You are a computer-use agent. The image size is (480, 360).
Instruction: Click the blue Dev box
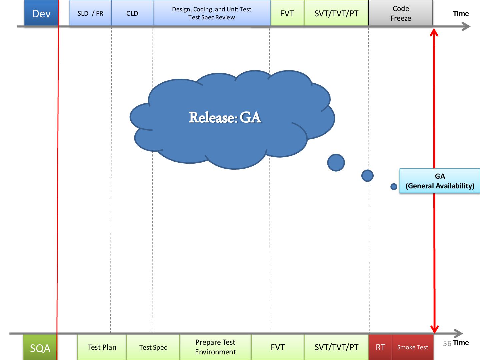41,13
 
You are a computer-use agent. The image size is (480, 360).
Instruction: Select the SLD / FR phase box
90,13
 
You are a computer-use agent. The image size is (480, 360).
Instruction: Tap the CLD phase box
132,13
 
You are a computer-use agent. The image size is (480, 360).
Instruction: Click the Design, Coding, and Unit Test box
211,13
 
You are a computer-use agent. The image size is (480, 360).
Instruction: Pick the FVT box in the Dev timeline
287,13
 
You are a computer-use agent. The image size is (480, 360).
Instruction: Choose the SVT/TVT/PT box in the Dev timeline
336,13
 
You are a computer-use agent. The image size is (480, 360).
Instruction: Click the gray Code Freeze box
401,13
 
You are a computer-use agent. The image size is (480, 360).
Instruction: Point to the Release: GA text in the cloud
225,117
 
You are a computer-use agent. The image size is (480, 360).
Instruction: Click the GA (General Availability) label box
440,181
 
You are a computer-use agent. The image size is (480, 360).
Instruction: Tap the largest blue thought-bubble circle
336,163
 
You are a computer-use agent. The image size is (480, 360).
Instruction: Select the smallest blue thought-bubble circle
394,187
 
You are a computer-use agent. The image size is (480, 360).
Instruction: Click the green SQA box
40,348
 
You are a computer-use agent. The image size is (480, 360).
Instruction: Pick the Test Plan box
102,347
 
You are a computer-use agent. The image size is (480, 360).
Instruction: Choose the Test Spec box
153,347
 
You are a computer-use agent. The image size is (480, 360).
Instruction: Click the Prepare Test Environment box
215,347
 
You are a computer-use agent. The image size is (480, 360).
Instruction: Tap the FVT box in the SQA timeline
278,347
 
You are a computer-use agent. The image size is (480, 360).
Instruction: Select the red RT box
380,347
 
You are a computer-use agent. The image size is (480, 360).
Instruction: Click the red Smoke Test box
413,347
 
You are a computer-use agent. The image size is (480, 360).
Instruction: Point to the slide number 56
447,343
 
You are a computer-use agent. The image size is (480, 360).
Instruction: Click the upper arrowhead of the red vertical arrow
434,33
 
